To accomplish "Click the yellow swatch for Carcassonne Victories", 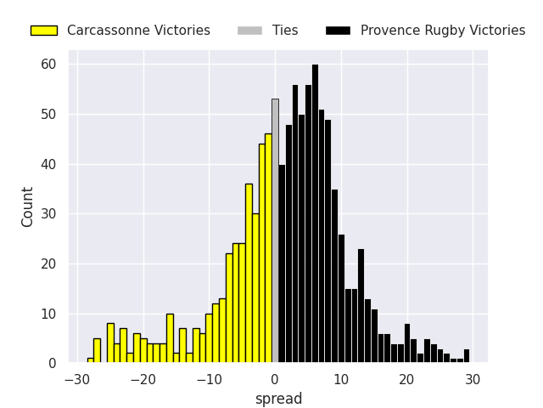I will tap(43, 31).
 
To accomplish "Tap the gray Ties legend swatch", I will tap(249, 31).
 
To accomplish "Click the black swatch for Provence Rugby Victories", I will tap(338, 31).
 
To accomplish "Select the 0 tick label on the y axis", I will tap(51, 364).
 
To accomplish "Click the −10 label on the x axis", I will tap(209, 378).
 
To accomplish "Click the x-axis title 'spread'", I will tap(278, 399).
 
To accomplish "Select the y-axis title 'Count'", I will tap(28, 207).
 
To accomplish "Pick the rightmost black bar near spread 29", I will tap(466, 356).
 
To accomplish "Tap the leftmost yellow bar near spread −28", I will tap(90, 360).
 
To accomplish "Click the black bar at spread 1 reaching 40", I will tap(282, 263).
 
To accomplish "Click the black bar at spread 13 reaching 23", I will tap(361, 306).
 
